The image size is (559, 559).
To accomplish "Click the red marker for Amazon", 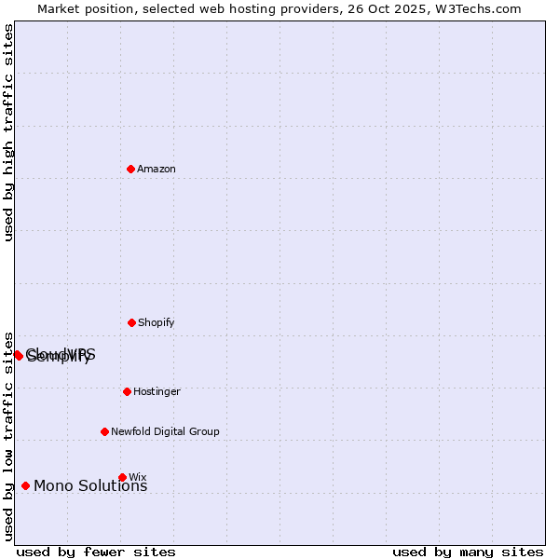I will [x=131, y=169].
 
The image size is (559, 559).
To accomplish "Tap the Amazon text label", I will [x=157, y=169].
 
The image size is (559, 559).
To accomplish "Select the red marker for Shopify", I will [x=131, y=322].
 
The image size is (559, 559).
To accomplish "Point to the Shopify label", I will [x=157, y=322].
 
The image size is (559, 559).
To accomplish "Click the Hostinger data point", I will [x=127, y=391].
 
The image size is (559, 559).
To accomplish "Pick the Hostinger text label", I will [x=157, y=391].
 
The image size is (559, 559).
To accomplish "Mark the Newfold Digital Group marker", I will [x=104, y=431].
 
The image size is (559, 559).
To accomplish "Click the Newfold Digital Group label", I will [x=165, y=431].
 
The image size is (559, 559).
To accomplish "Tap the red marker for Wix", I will [x=122, y=477].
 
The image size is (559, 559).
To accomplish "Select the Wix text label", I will [x=138, y=477].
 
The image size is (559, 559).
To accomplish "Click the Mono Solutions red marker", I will [x=25, y=485].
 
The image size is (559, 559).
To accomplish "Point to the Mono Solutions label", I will [x=90, y=485].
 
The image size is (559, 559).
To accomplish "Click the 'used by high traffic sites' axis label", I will [x=9, y=132].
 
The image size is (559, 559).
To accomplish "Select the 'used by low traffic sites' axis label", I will [x=9, y=435].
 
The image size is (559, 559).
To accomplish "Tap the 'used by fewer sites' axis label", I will [x=96, y=552].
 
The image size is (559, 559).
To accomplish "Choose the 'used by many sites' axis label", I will [x=468, y=552].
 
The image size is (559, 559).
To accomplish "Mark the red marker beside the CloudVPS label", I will [x=18, y=355].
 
